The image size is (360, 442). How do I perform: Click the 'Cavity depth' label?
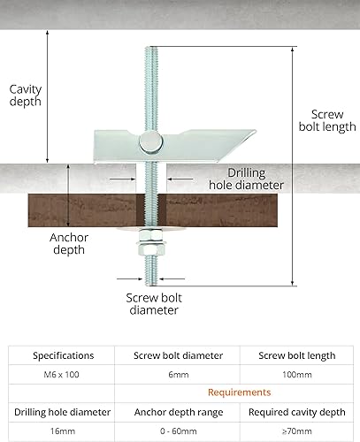click(26, 95)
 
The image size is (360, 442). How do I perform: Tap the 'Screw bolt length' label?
click(327, 120)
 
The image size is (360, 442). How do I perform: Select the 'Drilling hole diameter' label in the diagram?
click(246, 179)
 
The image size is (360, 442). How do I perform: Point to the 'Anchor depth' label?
click(69, 244)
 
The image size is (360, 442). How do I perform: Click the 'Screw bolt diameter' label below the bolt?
click(154, 304)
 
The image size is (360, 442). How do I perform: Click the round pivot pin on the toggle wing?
click(151, 142)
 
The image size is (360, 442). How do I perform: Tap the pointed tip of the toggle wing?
click(256, 132)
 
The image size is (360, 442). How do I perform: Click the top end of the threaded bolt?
click(151, 47)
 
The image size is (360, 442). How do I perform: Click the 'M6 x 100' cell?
click(61, 375)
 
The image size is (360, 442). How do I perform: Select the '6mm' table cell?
click(179, 375)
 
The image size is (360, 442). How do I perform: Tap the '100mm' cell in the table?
click(297, 375)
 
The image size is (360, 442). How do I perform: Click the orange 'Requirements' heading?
click(239, 392)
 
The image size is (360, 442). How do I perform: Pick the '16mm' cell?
click(63, 431)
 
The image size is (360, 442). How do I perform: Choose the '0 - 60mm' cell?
click(179, 431)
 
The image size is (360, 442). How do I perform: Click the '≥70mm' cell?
click(297, 431)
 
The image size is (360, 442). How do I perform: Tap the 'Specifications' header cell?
click(64, 355)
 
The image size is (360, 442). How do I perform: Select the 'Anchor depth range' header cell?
click(179, 412)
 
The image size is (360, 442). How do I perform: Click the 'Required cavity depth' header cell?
click(297, 412)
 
